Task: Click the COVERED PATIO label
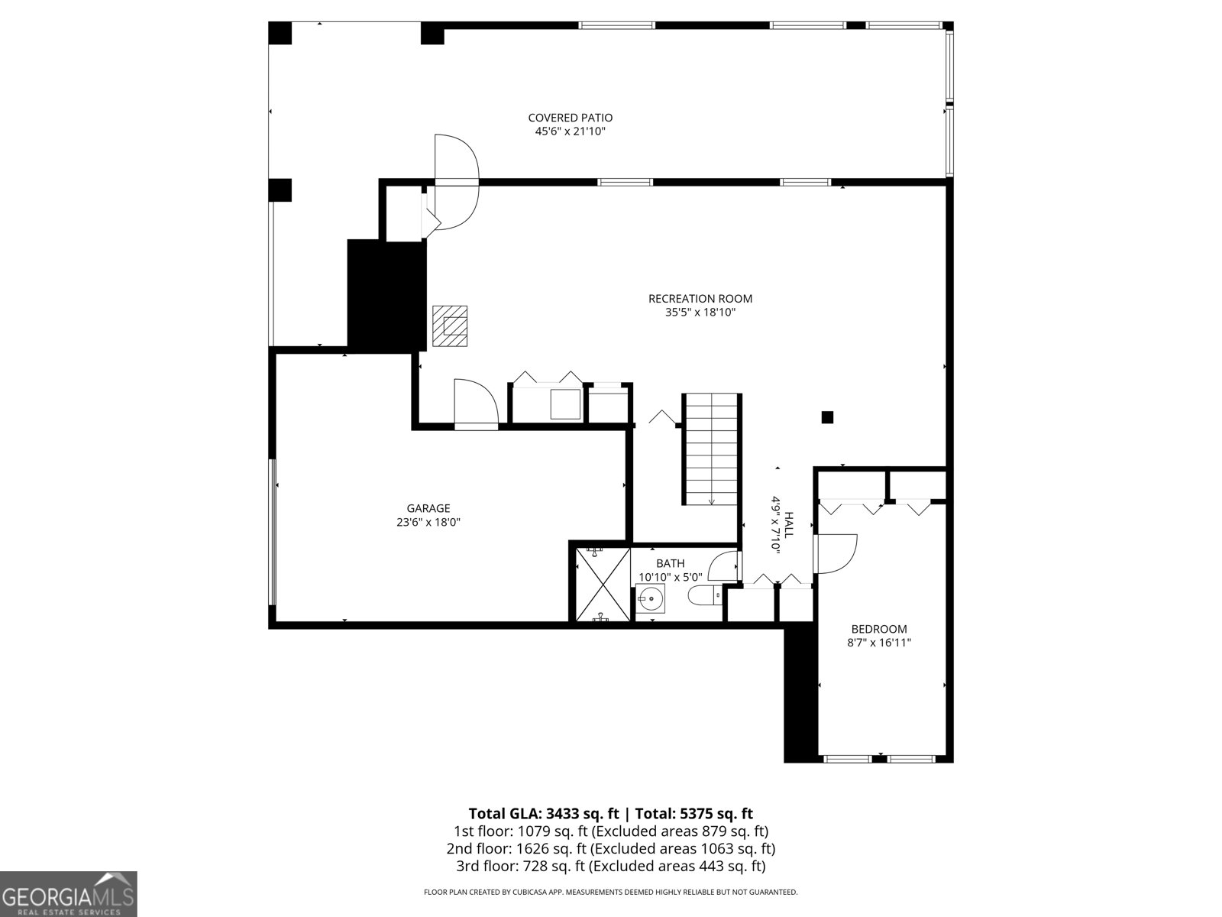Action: pos(570,118)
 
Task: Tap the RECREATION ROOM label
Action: pos(700,299)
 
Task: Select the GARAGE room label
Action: pos(428,508)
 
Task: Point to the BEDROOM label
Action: pos(878,629)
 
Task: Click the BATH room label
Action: pos(671,563)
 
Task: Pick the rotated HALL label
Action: pos(788,524)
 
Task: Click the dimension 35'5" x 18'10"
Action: pos(700,313)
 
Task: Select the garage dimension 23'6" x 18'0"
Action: pos(428,522)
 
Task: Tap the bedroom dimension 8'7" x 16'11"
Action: pos(878,643)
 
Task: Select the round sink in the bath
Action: pos(651,599)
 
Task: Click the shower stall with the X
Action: pos(603,584)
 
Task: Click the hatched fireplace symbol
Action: pos(450,326)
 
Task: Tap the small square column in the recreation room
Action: pos(827,417)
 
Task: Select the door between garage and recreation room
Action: pos(476,403)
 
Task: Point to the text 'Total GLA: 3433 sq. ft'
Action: pos(543,813)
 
